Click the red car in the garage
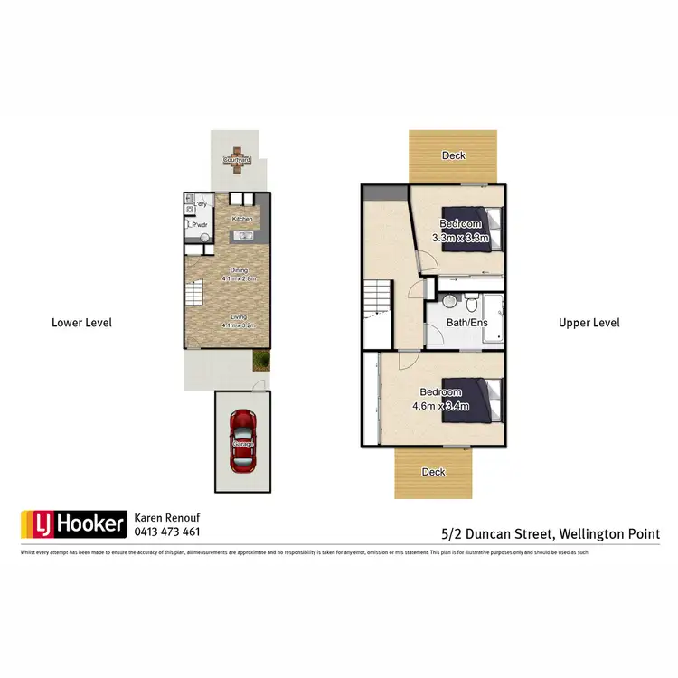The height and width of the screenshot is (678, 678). [x=241, y=439]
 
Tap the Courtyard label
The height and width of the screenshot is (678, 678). [x=238, y=160]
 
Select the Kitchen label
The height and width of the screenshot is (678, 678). [x=241, y=220]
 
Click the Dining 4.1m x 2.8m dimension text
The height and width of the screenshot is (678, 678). [x=239, y=275]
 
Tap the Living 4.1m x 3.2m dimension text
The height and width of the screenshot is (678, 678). [x=239, y=321]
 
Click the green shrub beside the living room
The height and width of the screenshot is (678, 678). [x=261, y=361]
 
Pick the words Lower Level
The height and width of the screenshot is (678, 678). [x=81, y=323]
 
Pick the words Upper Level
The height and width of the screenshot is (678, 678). [x=589, y=323]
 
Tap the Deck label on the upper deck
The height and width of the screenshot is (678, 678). [x=454, y=155]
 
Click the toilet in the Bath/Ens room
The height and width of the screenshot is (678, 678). [x=450, y=302]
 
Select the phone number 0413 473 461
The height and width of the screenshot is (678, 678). [x=167, y=532]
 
